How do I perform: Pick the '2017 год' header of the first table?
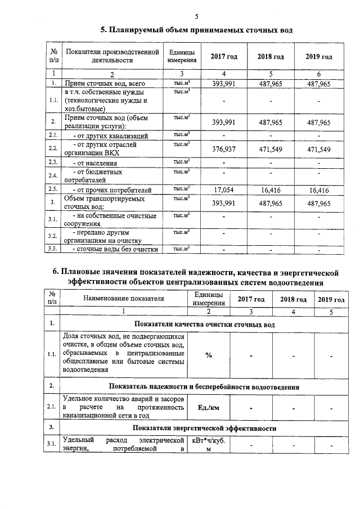(224, 57)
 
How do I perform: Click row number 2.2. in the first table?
(53, 148)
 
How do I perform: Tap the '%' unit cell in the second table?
(208, 355)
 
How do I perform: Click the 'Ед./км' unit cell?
(208, 407)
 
